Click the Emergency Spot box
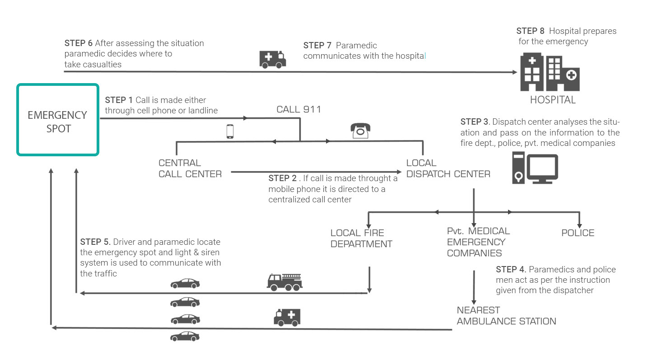point(58,120)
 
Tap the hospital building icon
point(550,72)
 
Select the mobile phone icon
point(230,131)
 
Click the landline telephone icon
point(360,131)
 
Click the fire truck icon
point(284,282)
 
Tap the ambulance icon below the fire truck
point(287,317)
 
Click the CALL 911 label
point(298,109)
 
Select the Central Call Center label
point(190,168)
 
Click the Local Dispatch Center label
point(448,168)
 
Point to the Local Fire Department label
point(361,238)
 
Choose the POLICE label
point(578,233)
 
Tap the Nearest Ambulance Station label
point(506,316)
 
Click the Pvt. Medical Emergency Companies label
point(478,242)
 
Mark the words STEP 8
point(531,31)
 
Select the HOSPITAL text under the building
point(553,100)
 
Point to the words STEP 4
point(511,270)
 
